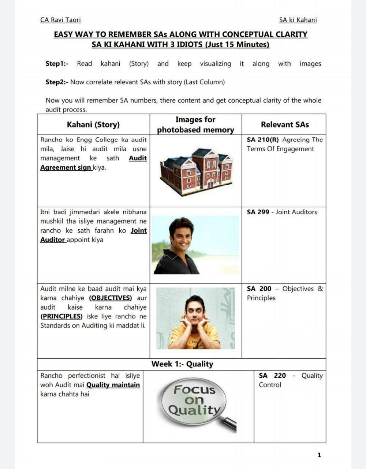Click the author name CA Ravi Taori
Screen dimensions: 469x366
[60, 20]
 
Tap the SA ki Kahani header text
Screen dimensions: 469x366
[298, 20]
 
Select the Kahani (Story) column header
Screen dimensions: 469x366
[93, 125]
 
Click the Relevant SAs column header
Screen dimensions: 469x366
[285, 125]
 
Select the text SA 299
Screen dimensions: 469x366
[258, 212]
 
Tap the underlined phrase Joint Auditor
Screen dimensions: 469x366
[93, 235]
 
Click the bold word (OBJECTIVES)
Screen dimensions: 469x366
[111, 298]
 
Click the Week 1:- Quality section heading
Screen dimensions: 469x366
[182, 364]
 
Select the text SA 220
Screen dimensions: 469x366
[272, 376]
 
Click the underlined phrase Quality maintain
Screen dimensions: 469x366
[113, 385]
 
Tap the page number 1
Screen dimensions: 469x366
[319, 455]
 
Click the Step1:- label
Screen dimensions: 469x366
[57, 63]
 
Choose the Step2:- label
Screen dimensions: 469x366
[57, 82]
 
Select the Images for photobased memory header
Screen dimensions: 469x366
[195, 125]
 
